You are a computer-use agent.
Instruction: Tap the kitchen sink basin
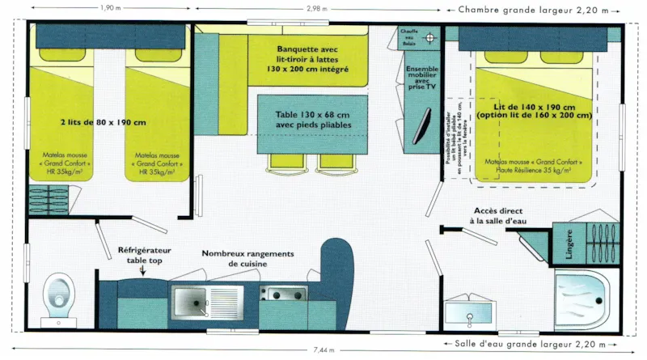(189, 303)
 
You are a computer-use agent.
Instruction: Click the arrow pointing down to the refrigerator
(143, 272)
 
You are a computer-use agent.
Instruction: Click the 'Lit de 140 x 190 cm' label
(534, 111)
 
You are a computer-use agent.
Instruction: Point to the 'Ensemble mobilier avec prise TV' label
(421, 78)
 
